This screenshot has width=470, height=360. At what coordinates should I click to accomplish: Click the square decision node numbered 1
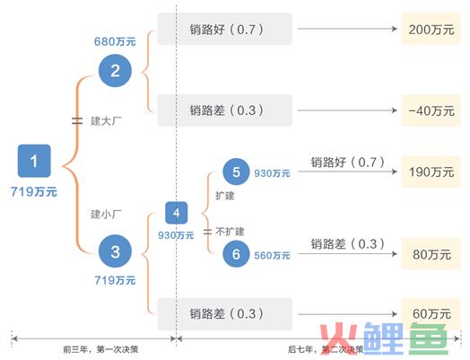[x=34, y=161]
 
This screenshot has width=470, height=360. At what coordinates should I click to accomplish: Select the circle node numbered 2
[x=115, y=71]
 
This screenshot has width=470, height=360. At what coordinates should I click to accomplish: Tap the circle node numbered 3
[x=115, y=251]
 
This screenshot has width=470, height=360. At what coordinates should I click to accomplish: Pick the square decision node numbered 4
[x=176, y=213]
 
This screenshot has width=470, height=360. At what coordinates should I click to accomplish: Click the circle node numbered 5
[x=236, y=171]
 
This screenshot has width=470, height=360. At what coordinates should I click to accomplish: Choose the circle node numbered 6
[x=236, y=254]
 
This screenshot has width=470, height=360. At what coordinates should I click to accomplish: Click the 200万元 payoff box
[x=431, y=29]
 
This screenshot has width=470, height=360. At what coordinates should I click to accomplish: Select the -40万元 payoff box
[x=431, y=110]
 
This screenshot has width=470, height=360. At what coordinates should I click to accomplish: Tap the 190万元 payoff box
[x=431, y=171]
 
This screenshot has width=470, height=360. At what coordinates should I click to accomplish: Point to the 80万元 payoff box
[x=431, y=254]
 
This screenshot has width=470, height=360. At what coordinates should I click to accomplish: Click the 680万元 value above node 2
[x=115, y=41]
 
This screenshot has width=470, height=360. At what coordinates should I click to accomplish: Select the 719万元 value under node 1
[x=34, y=191]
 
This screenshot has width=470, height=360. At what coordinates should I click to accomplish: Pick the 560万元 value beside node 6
[x=272, y=255]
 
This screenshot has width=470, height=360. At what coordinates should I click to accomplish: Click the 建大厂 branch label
[x=106, y=121]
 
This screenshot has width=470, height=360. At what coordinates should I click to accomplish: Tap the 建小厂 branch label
[x=106, y=215]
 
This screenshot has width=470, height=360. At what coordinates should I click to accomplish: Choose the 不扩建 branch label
[x=230, y=232]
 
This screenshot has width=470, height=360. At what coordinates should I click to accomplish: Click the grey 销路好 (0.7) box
[x=225, y=29]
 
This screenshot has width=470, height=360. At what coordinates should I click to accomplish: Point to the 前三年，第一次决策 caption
[x=100, y=349]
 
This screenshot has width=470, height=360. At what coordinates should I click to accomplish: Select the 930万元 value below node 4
[x=176, y=235]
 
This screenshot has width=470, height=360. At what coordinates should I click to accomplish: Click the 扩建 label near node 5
[x=225, y=196]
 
